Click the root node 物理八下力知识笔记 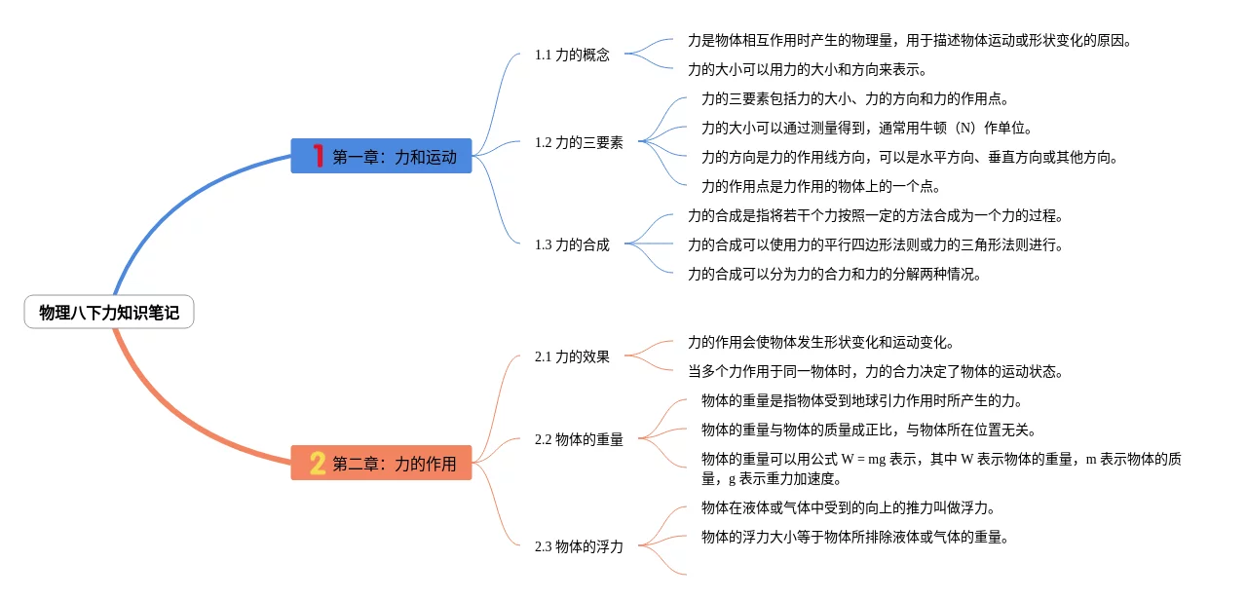pos(109,313)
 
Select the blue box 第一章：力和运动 pos(382,156)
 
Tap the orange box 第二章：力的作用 pos(382,464)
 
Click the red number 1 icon pos(318,156)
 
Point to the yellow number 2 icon pos(318,464)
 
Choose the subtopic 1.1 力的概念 pos(572,55)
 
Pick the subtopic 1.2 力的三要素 pos(579,142)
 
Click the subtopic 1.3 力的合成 pos(572,244)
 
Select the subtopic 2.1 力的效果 pos(572,356)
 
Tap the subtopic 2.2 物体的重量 pos(579,439)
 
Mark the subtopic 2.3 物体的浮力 pos(579,546)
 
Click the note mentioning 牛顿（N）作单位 pos(866,128)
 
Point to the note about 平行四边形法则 pos(875,244)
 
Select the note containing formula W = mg pos(940,468)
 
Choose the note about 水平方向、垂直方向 pos(909,157)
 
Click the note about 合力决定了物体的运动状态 pos(875,371)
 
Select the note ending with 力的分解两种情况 pos(834,274)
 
